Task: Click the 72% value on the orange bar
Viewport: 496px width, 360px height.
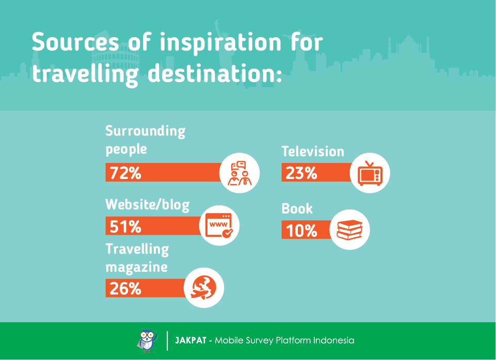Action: click(x=125, y=173)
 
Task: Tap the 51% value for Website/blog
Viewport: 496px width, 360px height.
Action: click(x=125, y=226)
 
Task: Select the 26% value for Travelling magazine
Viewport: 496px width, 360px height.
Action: click(x=125, y=288)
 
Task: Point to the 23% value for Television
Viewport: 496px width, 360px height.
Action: click(x=301, y=173)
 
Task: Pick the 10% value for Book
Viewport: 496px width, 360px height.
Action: click(x=301, y=230)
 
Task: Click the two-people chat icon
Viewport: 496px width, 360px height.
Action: click(x=239, y=173)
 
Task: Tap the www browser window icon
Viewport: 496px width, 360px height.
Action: click(x=219, y=225)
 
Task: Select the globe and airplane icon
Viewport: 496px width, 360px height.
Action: click(x=204, y=288)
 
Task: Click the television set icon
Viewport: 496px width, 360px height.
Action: click(x=370, y=173)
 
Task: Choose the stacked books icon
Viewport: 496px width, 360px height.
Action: click(x=349, y=230)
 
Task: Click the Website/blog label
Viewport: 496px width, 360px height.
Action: click(x=148, y=205)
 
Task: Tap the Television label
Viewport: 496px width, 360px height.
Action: click(x=313, y=152)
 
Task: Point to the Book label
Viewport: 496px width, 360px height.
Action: click(x=297, y=208)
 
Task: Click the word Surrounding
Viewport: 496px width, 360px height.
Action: click(x=146, y=131)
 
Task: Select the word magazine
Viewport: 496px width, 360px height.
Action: click(x=136, y=267)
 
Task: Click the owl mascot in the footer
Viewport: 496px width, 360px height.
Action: click(x=148, y=340)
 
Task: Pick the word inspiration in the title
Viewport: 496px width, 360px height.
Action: click(x=220, y=43)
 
